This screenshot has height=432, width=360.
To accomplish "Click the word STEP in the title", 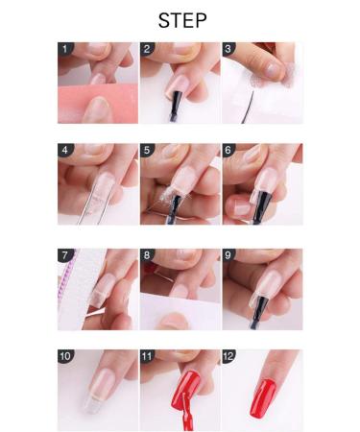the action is click(x=182, y=20).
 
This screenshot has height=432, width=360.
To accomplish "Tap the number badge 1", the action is click(x=65, y=49).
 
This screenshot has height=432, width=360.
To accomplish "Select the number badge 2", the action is click(x=147, y=49).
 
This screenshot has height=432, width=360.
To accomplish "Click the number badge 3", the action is click(x=228, y=49).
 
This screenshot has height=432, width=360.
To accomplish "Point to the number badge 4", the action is click(x=65, y=150).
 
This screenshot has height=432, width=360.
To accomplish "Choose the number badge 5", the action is click(x=147, y=150).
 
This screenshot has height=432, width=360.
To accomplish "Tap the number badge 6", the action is click(x=228, y=150).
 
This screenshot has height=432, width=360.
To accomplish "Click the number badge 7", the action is click(x=65, y=255).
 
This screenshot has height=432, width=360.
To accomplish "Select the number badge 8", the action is click(x=147, y=255).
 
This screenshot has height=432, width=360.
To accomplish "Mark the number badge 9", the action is click(x=228, y=255).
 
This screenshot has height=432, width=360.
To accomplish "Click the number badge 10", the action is click(x=65, y=356).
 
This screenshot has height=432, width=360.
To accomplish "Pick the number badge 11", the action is click(x=147, y=356).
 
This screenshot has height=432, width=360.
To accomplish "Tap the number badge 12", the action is click(x=228, y=356).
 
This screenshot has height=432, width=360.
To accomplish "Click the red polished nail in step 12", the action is click(x=263, y=397).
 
